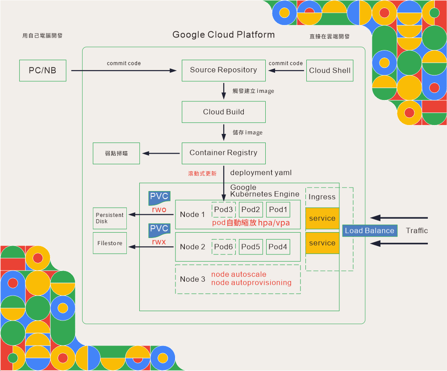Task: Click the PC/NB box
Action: click(x=43, y=71)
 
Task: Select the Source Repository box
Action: click(x=223, y=71)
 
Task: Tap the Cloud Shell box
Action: click(x=330, y=71)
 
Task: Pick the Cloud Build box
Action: click(x=223, y=112)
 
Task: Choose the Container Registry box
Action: click(x=223, y=153)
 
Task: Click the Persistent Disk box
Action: click(x=110, y=218)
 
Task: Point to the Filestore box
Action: click(x=110, y=243)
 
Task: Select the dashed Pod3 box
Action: click(x=224, y=210)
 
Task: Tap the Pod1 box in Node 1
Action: click(x=278, y=210)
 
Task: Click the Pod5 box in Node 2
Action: click(x=251, y=246)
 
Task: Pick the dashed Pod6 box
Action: click(x=224, y=246)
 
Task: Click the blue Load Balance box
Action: click(x=369, y=231)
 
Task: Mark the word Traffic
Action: click(x=417, y=231)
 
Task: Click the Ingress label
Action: click(x=322, y=197)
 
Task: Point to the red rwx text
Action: click(x=159, y=242)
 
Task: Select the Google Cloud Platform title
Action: click(x=224, y=35)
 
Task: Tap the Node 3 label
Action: click(x=192, y=279)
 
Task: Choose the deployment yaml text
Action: click(x=260, y=173)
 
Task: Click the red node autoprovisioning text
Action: click(x=251, y=283)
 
